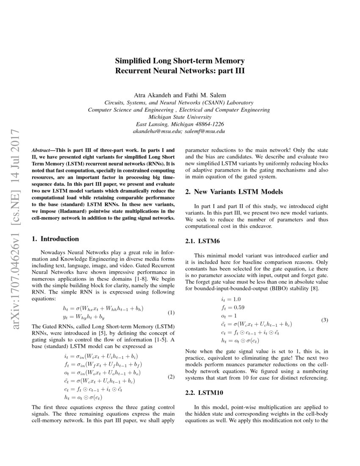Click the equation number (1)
click(171, 313)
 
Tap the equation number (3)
click(324, 320)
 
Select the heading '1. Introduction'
click(55, 239)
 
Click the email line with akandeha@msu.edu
click(180, 131)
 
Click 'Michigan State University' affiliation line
click(180, 117)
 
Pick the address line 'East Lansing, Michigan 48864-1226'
click(180, 124)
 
